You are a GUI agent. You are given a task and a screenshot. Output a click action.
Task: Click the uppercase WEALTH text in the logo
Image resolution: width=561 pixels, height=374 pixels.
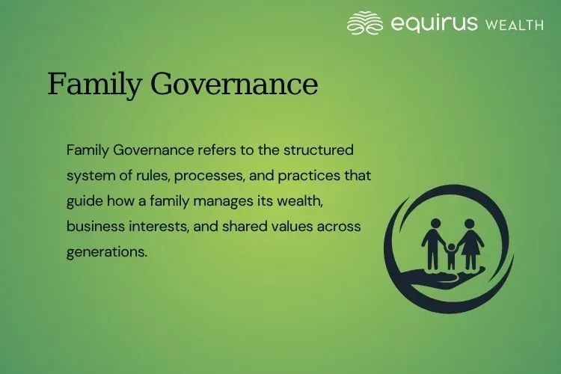coord(515,25)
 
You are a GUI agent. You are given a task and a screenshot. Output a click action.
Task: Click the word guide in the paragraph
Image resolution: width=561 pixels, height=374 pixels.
coord(83,200)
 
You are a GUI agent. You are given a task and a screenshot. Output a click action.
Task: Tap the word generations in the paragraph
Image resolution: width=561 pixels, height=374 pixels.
coord(106,251)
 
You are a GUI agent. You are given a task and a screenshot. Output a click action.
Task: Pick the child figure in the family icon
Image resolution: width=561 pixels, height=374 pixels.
coord(451,256)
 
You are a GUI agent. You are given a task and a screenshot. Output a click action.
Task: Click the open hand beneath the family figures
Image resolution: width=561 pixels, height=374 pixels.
coord(449,278)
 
